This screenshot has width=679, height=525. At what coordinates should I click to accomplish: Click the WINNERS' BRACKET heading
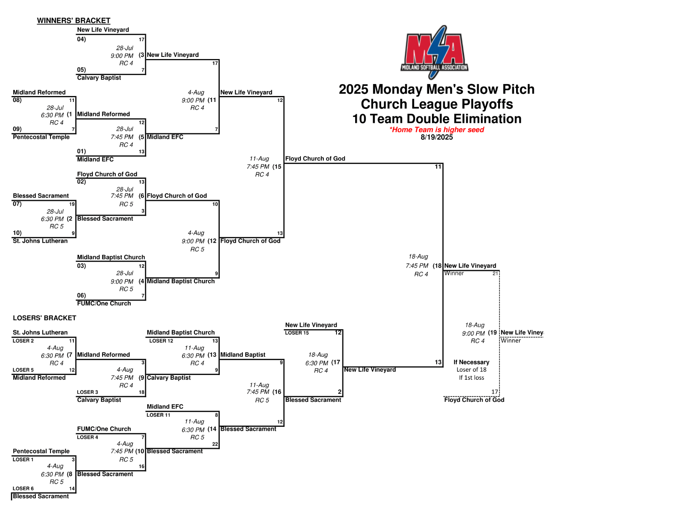click(x=73, y=20)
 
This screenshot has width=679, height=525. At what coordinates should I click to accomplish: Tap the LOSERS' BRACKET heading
click(x=45, y=318)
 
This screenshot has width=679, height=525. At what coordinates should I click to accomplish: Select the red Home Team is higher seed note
click(x=437, y=130)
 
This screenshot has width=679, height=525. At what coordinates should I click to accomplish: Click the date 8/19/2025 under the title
click(x=437, y=137)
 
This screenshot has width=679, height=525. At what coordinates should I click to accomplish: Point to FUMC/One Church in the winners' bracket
click(x=104, y=303)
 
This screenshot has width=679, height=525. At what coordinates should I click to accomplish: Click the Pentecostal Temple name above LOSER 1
click(x=41, y=451)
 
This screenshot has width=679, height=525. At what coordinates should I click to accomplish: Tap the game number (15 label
click(x=277, y=167)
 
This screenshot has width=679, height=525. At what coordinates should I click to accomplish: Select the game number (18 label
click(x=438, y=265)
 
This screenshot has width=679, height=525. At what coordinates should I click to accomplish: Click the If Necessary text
click(x=471, y=362)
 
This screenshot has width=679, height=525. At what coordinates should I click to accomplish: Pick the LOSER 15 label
click(x=297, y=333)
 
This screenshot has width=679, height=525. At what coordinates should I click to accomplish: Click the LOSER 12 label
click(x=161, y=341)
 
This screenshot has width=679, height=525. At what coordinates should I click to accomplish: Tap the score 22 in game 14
click(x=215, y=444)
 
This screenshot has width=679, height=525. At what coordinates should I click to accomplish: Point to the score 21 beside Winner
click(x=495, y=274)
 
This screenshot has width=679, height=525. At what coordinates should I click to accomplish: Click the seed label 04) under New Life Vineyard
click(x=81, y=39)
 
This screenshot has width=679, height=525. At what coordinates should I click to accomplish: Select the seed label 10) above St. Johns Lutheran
click(x=17, y=233)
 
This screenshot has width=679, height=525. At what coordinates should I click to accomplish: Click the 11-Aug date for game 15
click(x=259, y=158)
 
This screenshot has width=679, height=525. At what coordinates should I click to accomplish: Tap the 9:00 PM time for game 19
click(x=473, y=333)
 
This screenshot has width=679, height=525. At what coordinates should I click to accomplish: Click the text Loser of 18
click(x=471, y=370)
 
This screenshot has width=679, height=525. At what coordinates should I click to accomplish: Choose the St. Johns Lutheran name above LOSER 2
click(x=40, y=333)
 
